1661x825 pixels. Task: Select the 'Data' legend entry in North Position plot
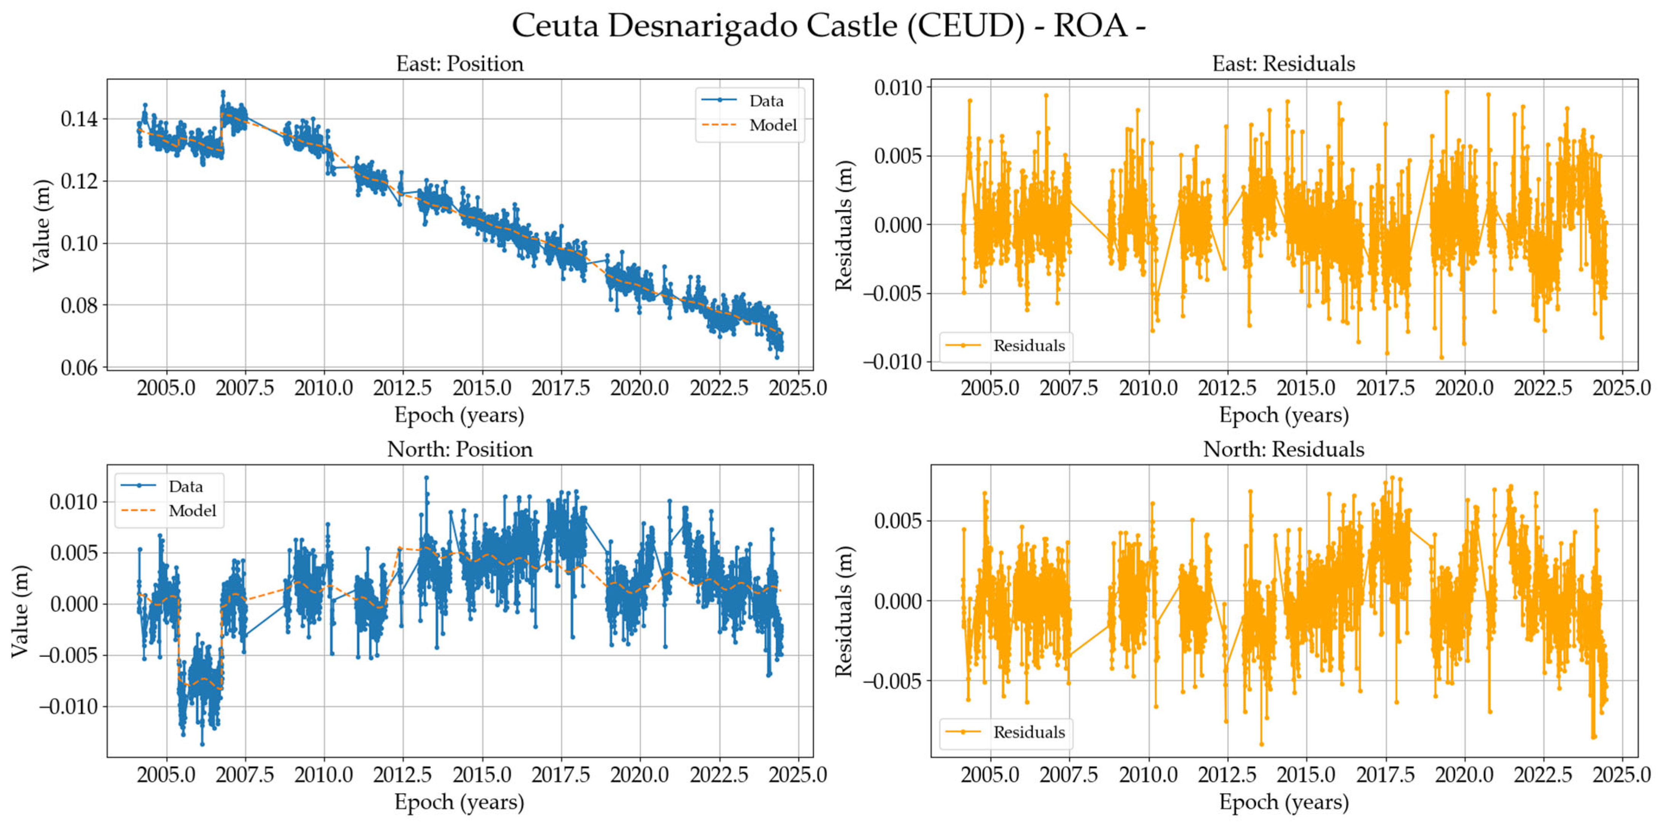pos(186,486)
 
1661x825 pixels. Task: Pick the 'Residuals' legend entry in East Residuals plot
pos(1029,346)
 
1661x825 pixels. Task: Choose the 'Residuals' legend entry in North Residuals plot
pos(1029,732)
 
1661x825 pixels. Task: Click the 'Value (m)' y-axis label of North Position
pos(21,611)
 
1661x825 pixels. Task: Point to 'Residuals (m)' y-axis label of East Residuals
pos(844,225)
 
